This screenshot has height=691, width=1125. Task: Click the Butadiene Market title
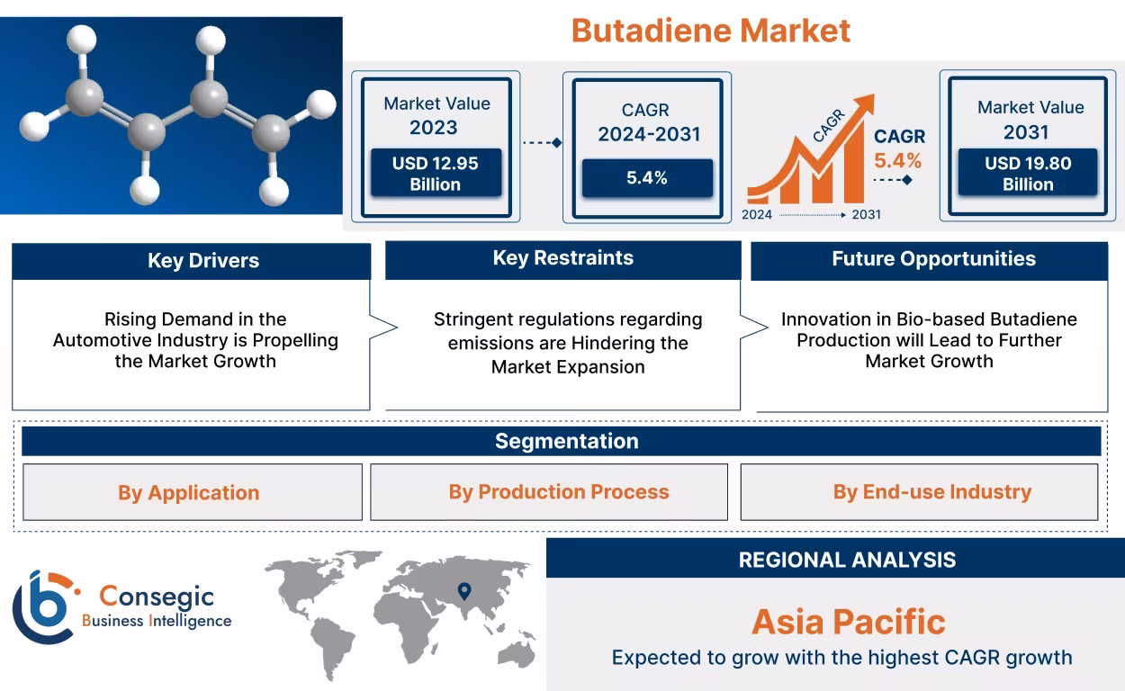pos(710,31)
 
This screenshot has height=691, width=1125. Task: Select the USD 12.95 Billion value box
pos(436,174)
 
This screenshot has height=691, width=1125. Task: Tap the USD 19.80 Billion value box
pos(1027,174)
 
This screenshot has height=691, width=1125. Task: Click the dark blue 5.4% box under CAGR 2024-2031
pos(646,178)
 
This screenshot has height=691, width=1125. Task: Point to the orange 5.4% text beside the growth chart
pos(898,161)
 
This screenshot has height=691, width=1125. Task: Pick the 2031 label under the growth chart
pos(866,215)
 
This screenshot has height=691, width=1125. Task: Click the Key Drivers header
pos(202,261)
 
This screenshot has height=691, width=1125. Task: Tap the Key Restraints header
pos(562,258)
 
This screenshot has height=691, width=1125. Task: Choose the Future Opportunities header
pos(932,259)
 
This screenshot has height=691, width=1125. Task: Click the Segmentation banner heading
pos(566,441)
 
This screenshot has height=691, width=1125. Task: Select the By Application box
pos(189,493)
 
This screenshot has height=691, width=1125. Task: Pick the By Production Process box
pos(558,492)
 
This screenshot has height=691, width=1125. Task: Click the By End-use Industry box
pos(931,492)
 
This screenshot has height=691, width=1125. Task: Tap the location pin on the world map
pos(464,591)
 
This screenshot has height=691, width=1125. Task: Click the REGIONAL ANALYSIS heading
pos(847,560)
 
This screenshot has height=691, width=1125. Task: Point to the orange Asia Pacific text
pos(848,622)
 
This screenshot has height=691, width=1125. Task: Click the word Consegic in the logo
pos(157,596)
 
